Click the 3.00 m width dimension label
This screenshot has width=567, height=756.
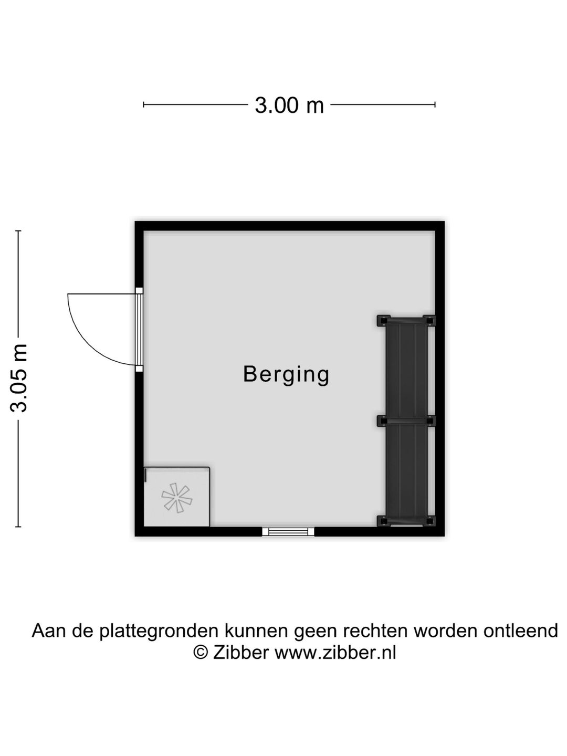[x=289, y=106]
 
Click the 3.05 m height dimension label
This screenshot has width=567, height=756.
[x=20, y=377]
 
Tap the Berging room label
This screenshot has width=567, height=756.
[x=286, y=374]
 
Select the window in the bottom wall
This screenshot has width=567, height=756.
[x=288, y=531]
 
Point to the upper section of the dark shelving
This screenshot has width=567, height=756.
[x=406, y=370]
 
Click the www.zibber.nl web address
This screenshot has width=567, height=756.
[x=335, y=653]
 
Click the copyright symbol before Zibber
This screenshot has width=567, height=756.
[x=201, y=653]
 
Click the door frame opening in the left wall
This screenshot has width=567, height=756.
[x=139, y=330]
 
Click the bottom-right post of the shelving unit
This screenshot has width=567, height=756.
[x=429, y=521]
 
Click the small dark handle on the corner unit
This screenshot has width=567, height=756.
[x=145, y=475]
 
